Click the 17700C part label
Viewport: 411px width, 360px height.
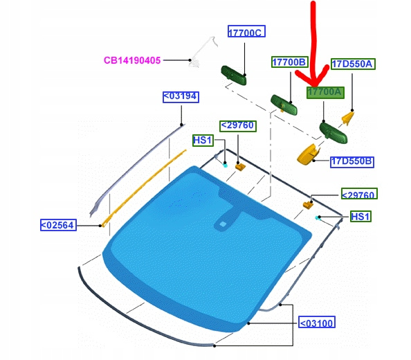pyautogui.click(x=246, y=31)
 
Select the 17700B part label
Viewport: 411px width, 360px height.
pyautogui.click(x=289, y=62)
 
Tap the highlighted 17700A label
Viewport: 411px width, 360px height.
pyautogui.click(x=325, y=92)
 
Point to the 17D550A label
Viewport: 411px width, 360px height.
pyautogui.click(x=353, y=64)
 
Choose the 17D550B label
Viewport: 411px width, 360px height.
pyautogui.click(x=351, y=161)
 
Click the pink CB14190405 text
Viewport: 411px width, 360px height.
pyautogui.click(x=132, y=60)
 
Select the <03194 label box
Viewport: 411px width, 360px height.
pyautogui.click(x=181, y=97)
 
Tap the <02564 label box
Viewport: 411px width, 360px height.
pyautogui.click(x=58, y=225)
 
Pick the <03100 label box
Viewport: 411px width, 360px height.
pyautogui.click(x=317, y=322)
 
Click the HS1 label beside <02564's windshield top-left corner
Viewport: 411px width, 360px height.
pyautogui.click(x=203, y=141)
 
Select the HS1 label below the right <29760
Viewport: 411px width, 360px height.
pyautogui.click(x=360, y=217)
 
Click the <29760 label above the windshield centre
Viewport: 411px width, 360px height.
pyautogui.click(x=238, y=126)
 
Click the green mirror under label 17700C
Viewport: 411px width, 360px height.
pyautogui.click(x=234, y=75)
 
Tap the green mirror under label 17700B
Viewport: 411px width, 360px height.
pyautogui.click(x=284, y=105)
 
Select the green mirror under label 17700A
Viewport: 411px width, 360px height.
pyautogui.click(x=333, y=133)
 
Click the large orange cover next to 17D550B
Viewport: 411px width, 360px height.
pyautogui.click(x=308, y=155)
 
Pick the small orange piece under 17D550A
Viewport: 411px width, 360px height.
pyautogui.click(x=348, y=118)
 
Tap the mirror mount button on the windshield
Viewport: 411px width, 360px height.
pyautogui.click(x=223, y=224)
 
